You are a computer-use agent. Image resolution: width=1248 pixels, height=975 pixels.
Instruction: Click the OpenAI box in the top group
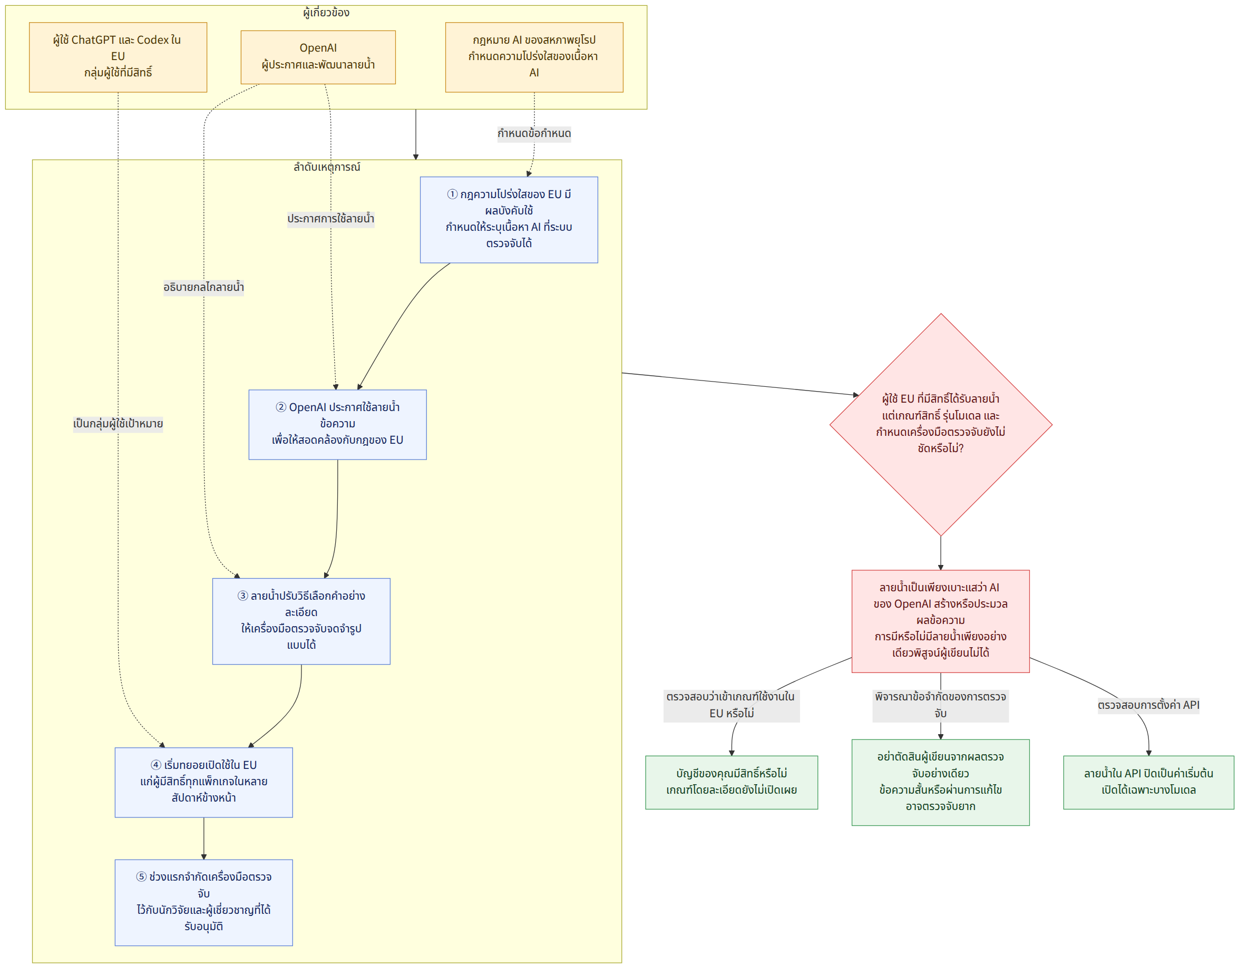[x=318, y=57]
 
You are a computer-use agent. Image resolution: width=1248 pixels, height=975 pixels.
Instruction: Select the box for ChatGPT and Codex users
[x=118, y=57]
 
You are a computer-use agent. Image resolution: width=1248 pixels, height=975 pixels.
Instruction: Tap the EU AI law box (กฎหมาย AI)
[x=534, y=57]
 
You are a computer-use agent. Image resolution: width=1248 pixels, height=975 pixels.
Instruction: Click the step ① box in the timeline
[x=509, y=219]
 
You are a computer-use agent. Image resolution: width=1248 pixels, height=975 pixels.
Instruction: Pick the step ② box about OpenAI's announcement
[x=337, y=425]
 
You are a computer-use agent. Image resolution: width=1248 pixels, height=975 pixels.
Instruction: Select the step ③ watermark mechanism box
[x=301, y=621]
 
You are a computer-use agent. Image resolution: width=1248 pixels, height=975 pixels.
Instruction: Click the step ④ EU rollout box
[x=203, y=783]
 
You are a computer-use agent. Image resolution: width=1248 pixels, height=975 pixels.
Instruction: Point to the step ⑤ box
[x=203, y=902]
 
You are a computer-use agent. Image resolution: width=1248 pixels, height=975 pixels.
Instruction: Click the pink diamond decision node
[x=941, y=425]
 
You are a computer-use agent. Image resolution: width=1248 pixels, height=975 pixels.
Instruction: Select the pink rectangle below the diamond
[x=941, y=621]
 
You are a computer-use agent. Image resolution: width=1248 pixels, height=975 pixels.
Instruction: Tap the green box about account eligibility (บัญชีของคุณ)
[x=732, y=783]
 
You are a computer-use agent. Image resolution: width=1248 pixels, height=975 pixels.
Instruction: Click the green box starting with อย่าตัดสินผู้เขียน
[x=941, y=783]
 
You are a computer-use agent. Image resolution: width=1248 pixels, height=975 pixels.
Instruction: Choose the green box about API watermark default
[x=1148, y=783]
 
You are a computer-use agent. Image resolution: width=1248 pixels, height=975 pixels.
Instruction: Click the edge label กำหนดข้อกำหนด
[x=534, y=134]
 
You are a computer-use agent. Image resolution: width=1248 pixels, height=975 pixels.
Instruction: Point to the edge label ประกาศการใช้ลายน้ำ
[x=331, y=219]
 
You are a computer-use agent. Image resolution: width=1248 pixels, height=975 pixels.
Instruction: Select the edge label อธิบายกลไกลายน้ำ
[x=203, y=287]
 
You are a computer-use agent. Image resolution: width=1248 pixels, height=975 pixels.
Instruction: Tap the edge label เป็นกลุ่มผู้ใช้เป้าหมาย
[x=118, y=424]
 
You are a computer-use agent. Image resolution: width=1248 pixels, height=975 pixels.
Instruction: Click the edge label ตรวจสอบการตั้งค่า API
[x=1148, y=705]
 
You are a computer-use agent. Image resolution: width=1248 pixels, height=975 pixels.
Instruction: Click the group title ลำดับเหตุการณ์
[x=327, y=167]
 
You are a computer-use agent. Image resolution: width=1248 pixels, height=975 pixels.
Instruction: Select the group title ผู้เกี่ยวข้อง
[x=326, y=13]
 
